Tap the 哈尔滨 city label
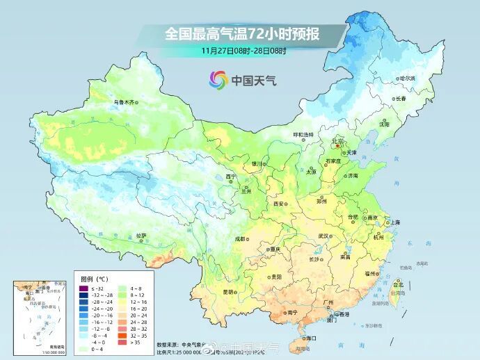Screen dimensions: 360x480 click(x=407, y=79)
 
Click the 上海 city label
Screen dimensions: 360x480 click(x=395, y=222)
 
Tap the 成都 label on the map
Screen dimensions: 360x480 click(x=240, y=238)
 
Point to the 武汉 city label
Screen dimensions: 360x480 click(x=323, y=236)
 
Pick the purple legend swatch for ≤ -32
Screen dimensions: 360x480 click(x=83, y=288)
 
